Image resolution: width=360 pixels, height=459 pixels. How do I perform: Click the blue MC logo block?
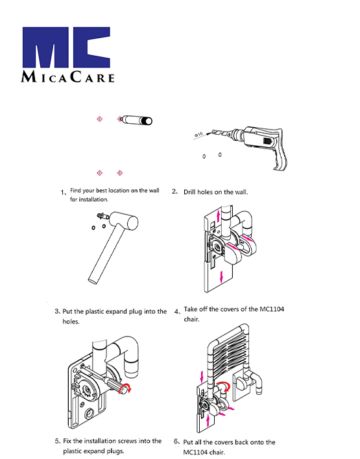coord(66,47)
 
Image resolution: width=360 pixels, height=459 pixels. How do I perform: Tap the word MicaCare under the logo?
coord(67,77)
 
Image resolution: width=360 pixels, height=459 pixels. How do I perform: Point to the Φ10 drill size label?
coord(198,135)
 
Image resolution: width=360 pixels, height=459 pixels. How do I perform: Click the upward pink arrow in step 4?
coord(218,216)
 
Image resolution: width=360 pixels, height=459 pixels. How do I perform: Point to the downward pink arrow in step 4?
coord(221,277)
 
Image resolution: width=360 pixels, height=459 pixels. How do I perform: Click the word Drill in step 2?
coord(189,192)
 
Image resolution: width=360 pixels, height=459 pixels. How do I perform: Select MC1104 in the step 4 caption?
coord(272,309)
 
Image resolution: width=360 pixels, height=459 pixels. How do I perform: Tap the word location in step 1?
coord(119,191)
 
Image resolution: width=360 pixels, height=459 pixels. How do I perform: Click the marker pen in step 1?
coord(136,120)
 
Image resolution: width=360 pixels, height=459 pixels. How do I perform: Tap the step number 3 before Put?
coord(56,311)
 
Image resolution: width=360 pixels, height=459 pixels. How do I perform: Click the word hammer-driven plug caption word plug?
coord(136,312)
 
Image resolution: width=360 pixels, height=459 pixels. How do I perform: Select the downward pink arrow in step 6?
coord(202,377)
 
